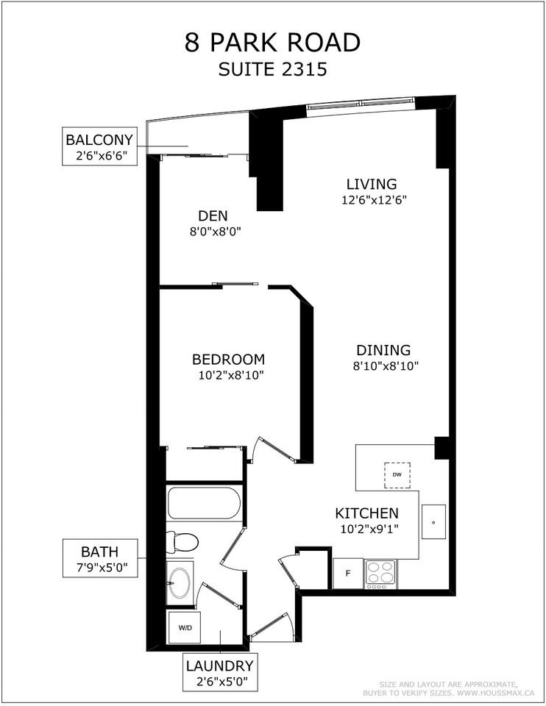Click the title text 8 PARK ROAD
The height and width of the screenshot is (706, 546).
(273, 43)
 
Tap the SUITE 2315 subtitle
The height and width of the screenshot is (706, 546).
(273, 71)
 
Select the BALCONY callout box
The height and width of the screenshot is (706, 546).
(99, 146)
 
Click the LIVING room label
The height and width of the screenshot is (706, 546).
(372, 184)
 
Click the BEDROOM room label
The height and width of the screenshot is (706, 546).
(228, 360)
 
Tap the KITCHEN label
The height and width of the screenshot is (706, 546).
(366, 513)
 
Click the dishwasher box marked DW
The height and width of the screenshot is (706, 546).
(397, 475)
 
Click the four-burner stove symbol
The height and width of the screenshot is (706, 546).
(380, 574)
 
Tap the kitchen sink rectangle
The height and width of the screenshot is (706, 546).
(433, 523)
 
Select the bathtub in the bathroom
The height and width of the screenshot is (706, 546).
(203, 504)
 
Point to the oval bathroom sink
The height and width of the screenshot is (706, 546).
(180, 583)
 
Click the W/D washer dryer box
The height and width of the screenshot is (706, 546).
(183, 627)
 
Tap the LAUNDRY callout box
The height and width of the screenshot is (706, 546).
(219, 673)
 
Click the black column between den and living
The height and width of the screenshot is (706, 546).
(266, 158)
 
